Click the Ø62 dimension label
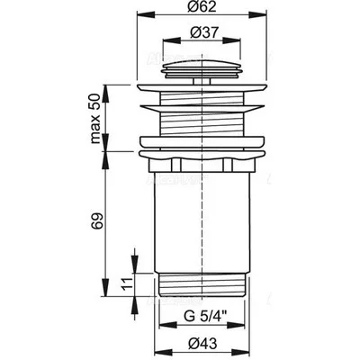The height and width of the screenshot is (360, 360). pyautogui.click(x=202, y=6)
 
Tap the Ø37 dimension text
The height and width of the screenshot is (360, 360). pyautogui.click(x=203, y=32)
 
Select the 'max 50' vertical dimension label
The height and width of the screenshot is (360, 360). pyautogui.click(x=95, y=119)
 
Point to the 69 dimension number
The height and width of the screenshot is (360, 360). pyautogui.click(x=97, y=221)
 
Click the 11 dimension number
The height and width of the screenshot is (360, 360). pyautogui.click(x=127, y=284)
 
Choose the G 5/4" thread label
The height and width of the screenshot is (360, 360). pyautogui.click(x=206, y=317)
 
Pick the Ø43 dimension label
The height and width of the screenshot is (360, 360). pyautogui.click(x=203, y=344)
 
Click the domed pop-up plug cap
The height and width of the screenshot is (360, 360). pyautogui.click(x=202, y=69)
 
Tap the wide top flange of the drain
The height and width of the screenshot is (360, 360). pyautogui.click(x=202, y=87)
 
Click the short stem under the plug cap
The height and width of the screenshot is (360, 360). pyautogui.click(x=202, y=81)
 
